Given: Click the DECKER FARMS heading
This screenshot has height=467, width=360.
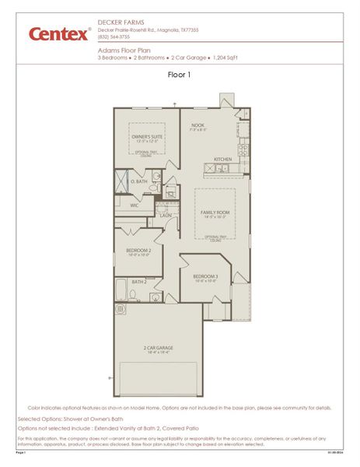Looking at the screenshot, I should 118,23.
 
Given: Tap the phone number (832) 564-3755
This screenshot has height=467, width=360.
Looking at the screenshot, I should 114,37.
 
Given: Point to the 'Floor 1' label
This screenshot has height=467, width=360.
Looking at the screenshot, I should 179,75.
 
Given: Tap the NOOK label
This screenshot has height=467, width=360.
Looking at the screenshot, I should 197,125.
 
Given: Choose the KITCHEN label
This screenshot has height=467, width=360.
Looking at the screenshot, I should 223,160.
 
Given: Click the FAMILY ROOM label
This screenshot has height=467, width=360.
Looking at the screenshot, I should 215,212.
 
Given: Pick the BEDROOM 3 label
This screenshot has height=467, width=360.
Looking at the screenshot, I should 206,277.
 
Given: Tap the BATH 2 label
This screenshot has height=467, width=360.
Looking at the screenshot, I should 139,282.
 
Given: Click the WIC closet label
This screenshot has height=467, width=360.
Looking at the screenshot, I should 135,205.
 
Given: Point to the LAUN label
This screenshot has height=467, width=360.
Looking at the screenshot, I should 166,216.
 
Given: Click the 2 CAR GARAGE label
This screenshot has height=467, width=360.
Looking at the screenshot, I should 159,347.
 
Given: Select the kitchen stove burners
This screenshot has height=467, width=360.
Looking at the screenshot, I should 243,148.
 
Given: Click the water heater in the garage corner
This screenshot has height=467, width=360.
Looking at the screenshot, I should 121,309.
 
